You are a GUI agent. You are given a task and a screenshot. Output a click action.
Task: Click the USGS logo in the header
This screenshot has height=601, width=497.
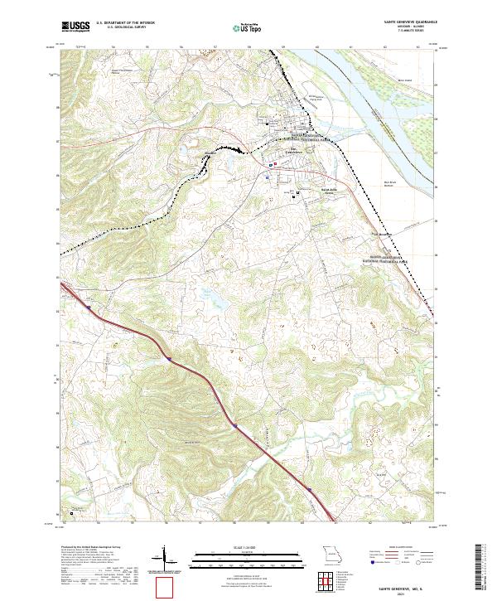(75, 26)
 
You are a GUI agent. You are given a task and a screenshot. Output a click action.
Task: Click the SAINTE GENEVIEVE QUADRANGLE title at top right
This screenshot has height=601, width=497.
(410, 22)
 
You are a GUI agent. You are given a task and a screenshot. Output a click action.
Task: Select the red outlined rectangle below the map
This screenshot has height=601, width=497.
(166, 586)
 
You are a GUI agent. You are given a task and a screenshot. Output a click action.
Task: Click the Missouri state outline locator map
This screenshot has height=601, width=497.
(329, 553)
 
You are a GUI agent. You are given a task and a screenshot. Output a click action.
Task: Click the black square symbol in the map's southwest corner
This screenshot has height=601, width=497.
(71, 512)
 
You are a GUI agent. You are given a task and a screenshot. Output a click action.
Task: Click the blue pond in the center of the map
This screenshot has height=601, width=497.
(204, 291)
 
